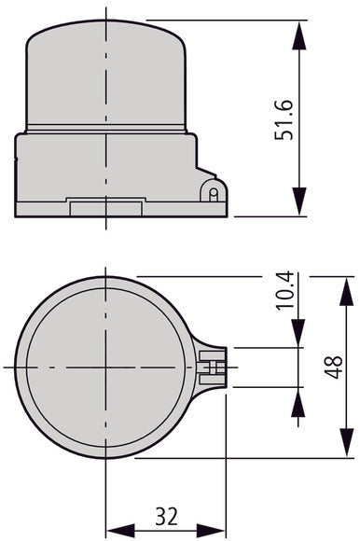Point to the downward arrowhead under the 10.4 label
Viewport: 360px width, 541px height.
tap(298, 335)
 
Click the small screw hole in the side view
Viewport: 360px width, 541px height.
tap(214, 194)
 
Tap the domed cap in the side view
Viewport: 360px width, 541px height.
tap(108, 79)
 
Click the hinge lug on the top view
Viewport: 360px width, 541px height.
tap(215, 368)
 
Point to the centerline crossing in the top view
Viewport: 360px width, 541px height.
tap(108, 368)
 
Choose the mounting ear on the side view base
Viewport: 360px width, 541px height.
tap(211, 192)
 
